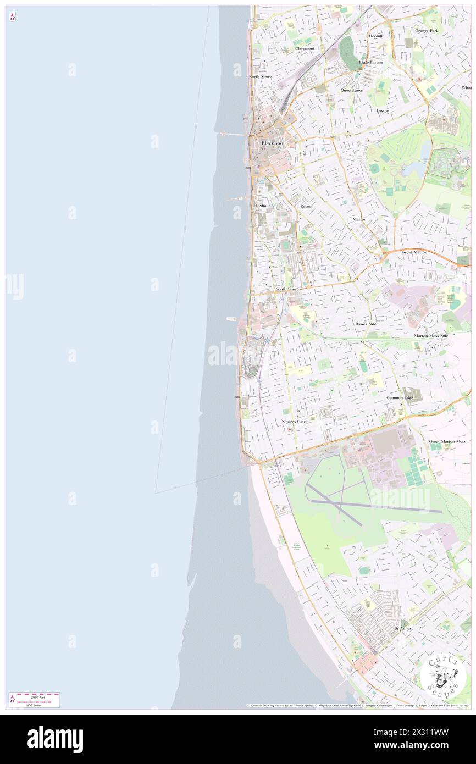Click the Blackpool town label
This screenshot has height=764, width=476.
click(273, 143)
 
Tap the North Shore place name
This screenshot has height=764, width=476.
click(260, 76)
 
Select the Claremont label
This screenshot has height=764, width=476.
click(305, 48)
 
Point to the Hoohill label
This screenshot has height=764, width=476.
click(375, 36)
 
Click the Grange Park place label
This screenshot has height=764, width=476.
click(427, 31)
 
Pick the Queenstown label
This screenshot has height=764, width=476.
click(352, 90)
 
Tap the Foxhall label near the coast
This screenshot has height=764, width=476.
click(262, 205)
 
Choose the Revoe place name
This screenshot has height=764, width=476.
click(306, 206)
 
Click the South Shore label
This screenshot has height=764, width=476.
click(287, 289)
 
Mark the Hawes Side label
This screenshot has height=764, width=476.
click(366, 324)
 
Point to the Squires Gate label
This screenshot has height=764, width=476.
click(294, 422)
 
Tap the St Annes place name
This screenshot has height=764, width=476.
click(403, 628)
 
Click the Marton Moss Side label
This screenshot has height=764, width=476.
click(431, 335)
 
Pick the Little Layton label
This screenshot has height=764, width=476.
click(372, 62)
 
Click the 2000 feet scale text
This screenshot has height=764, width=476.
click(37, 696)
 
